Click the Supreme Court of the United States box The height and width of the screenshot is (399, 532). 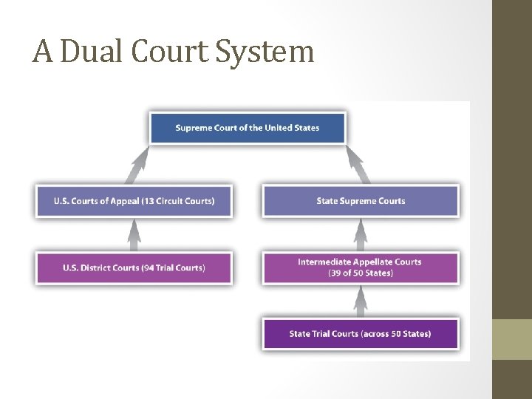(247, 128)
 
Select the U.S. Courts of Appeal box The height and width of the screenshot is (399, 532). (134, 201)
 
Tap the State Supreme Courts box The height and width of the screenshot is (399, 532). (361, 201)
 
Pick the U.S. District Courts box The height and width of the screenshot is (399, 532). (134, 267)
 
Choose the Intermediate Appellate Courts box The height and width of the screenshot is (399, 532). (361, 267)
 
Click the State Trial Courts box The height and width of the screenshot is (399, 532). (361, 334)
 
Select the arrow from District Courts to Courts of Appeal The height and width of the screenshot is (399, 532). (134, 235)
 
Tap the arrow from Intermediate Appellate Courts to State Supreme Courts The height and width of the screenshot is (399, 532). (361, 235)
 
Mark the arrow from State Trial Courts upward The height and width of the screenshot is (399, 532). (361, 301)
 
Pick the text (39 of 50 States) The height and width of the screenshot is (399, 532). (361, 273)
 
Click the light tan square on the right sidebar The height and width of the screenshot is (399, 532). (512, 339)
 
